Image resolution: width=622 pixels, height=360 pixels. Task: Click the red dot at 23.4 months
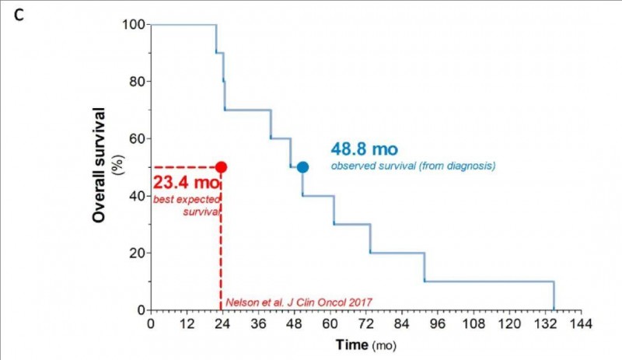coord(221,167)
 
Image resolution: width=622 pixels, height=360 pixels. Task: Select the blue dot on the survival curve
coord(302,167)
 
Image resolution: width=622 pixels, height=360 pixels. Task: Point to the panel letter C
coord(30,16)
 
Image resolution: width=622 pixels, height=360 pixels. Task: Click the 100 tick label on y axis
coord(134,24)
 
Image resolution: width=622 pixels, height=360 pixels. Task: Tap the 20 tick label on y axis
coord(137,253)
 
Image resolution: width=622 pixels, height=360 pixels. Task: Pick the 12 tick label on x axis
coord(186,323)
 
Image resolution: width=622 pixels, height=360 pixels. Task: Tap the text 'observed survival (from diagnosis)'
coord(414,165)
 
